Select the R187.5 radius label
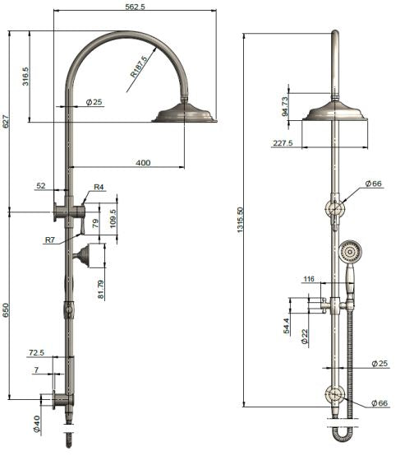click(x=140, y=67)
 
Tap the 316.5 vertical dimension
click(x=25, y=77)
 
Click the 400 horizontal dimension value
click(x=143, y=163)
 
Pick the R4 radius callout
click(x=99, y=188)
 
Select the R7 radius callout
click(x=51, y=239)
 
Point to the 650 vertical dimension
click(x=6, y=310)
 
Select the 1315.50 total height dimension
click(x=240, y=220)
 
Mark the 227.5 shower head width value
click(x=283, y=143)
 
